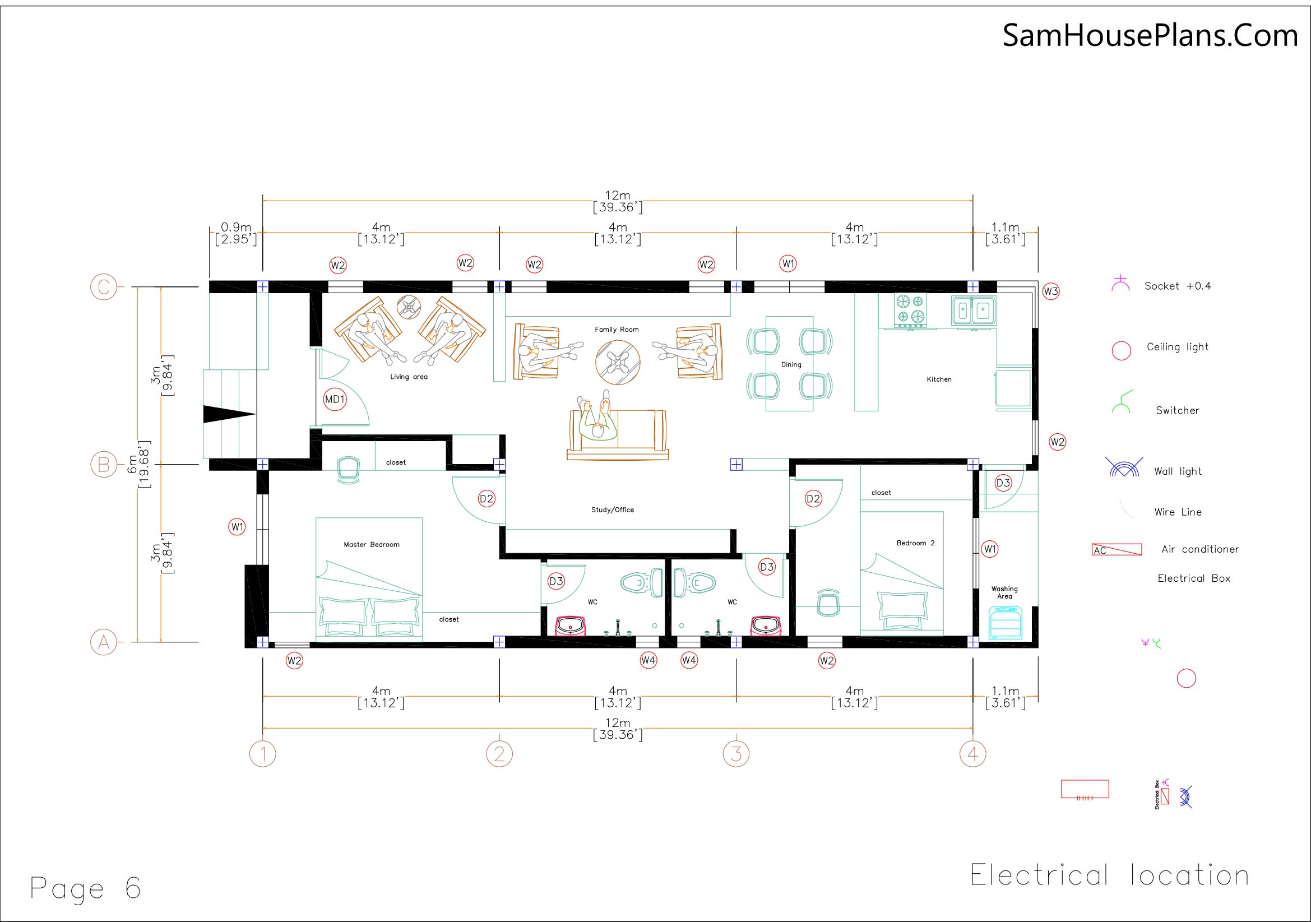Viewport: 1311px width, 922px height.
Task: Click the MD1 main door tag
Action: pos(335,400)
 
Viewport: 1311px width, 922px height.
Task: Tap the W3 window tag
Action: pos(1050,291)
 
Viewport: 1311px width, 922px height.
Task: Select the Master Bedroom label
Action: pos(371,545)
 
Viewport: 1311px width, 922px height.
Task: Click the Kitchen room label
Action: pos(939,379)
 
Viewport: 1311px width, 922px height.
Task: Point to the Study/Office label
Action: pos(612,510)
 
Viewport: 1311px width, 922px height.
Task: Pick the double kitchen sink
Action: pos(974,311)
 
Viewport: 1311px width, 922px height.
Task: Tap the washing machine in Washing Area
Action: pos(1005,623)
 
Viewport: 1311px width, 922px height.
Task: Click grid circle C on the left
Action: pos(103,286)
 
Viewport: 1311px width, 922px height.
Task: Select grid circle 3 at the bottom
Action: pos(736,754)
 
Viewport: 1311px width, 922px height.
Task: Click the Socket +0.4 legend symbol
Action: pos(1120,284)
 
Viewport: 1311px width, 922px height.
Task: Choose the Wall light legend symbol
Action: pos(1124,467)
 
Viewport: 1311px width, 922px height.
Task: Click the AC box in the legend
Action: pos(1117,550)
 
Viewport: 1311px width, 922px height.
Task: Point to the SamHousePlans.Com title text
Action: pos(1150,35)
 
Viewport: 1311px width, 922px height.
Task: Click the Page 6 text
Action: pos(85,888)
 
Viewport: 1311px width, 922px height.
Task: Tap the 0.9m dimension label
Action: pos(236,228)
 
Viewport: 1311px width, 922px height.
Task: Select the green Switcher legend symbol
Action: pos(1122,403)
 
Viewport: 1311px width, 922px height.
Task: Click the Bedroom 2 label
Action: pos(915,543)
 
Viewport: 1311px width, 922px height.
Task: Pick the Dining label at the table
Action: pos(791,364)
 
